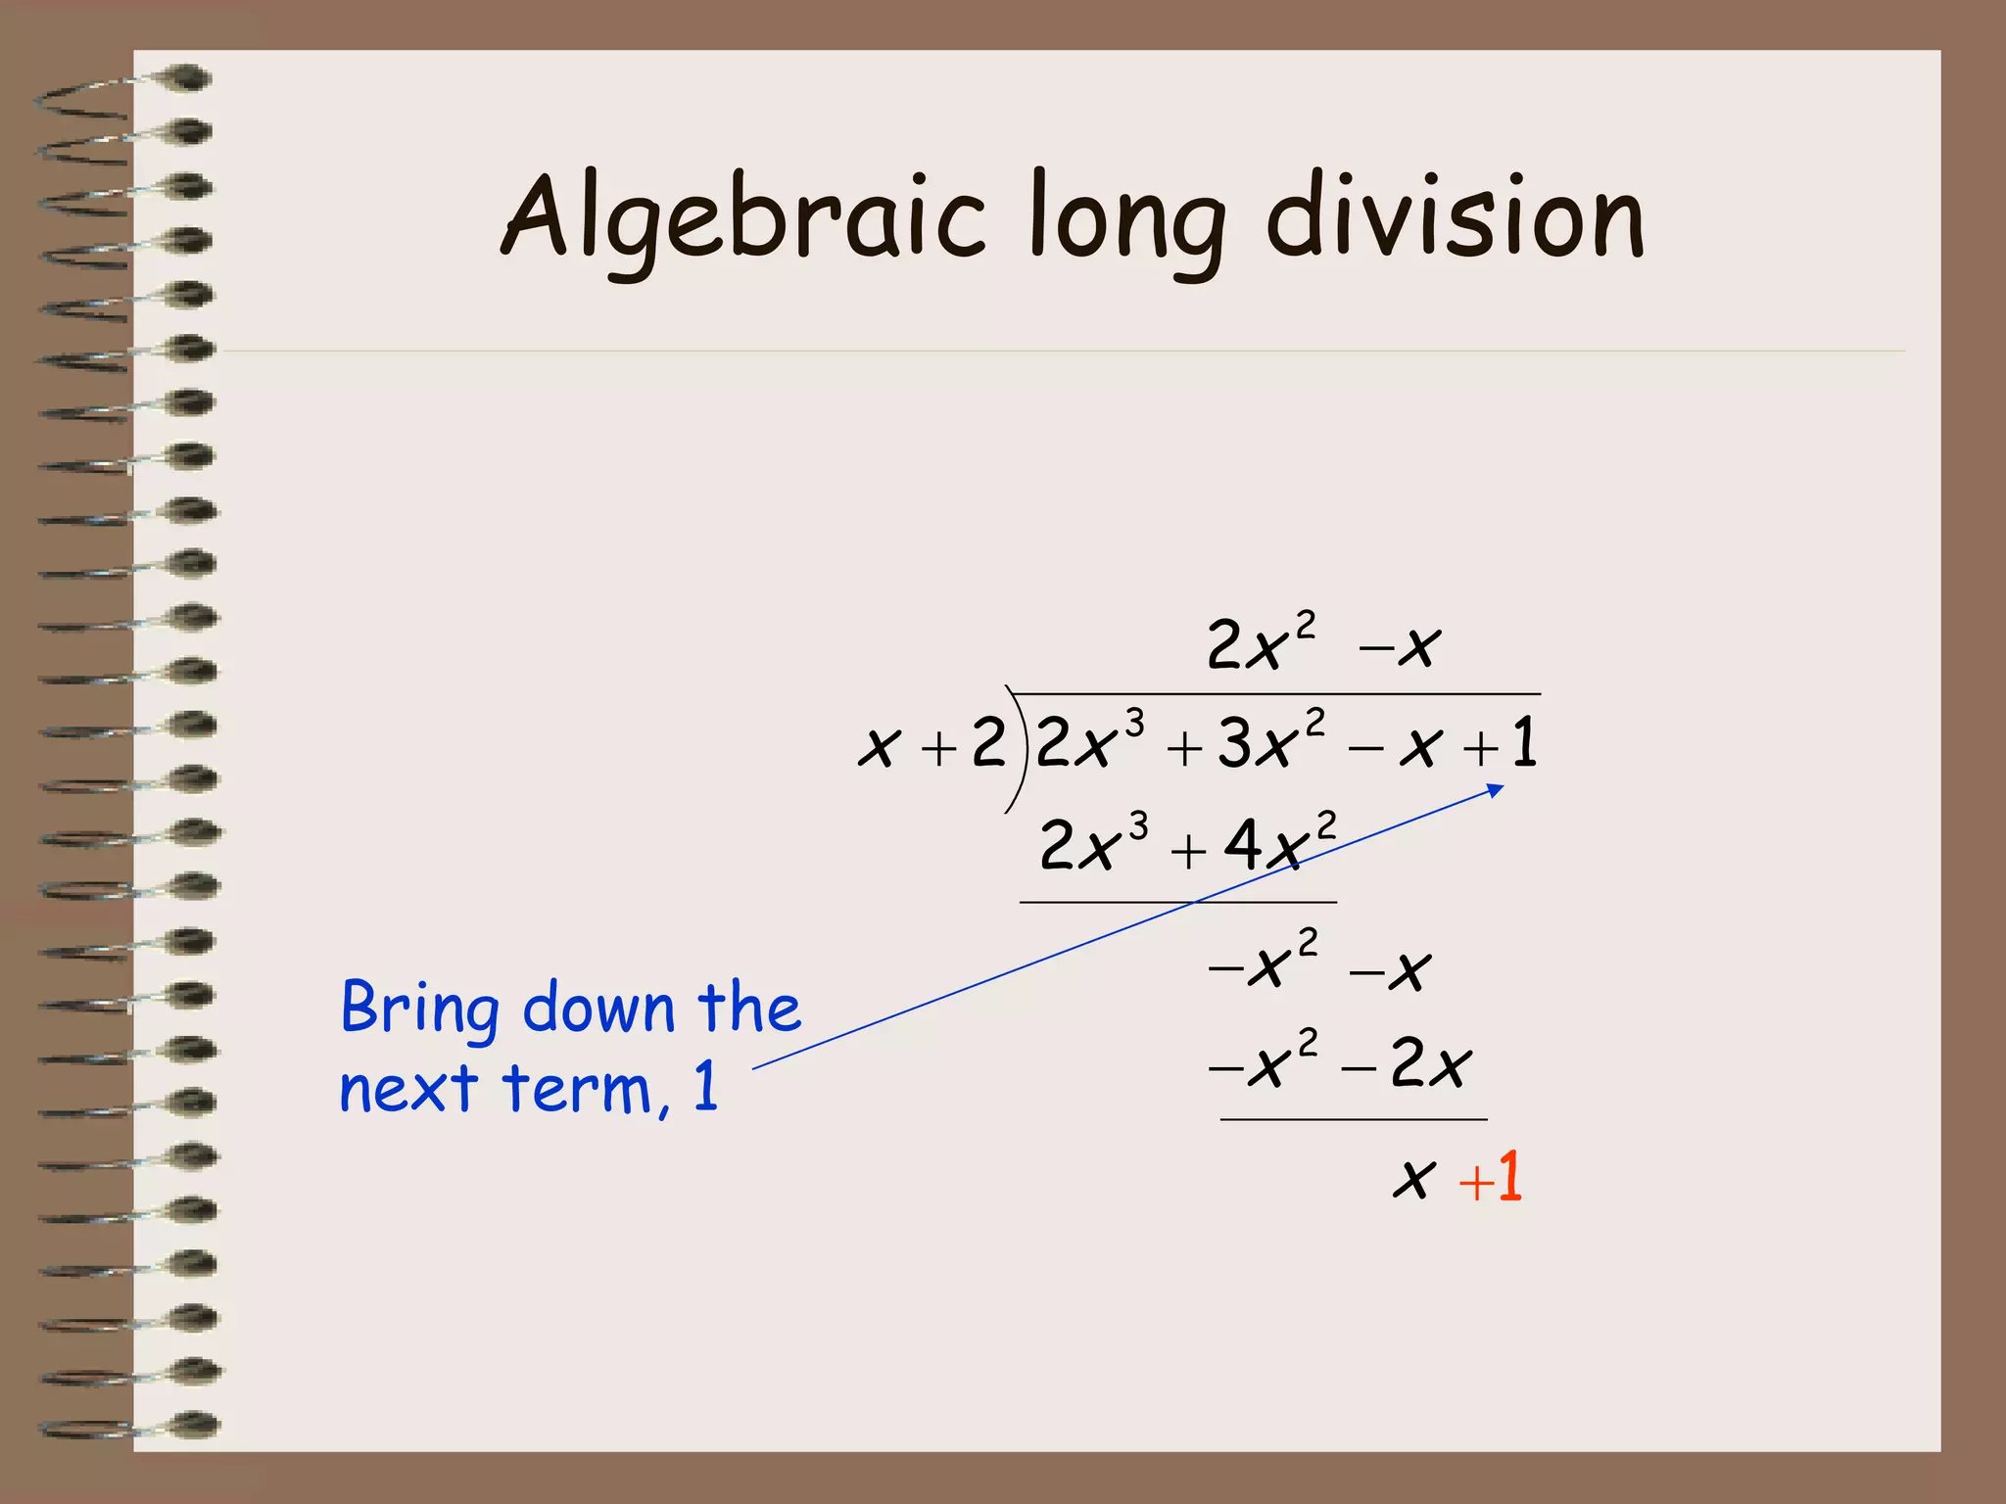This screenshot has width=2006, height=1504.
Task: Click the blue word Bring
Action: point(419,1009)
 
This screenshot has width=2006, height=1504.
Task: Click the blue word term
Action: point(577,1089)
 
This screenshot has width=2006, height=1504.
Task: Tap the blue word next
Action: point(408,1089)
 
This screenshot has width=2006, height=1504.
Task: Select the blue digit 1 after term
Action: point(705,1087)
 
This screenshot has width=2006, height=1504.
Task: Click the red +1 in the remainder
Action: point(1491,1177)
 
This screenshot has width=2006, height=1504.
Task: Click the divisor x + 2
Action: point(931,744)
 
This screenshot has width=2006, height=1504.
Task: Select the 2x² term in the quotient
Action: point(1260,642)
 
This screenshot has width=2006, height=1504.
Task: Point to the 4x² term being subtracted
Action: point(1278,842)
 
